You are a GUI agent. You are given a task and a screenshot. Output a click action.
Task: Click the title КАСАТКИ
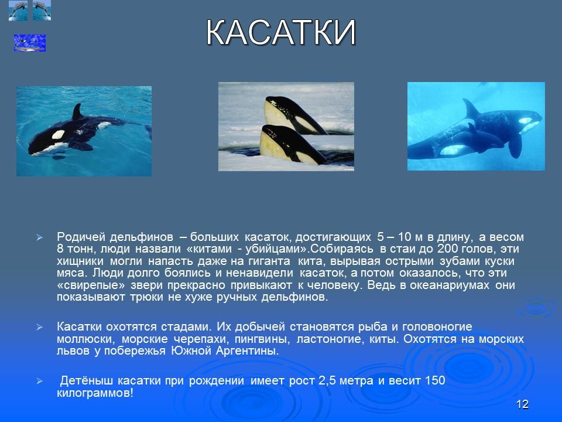[281, 33]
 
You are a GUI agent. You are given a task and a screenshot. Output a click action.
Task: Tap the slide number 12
[523, 404]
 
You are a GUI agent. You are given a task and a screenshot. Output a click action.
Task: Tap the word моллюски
[86, 339]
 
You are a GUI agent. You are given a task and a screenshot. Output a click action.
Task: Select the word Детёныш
[85, 381]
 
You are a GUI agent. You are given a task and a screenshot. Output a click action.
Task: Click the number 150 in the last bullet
[435, 381]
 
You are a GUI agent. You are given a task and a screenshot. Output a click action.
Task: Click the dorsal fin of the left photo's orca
[77, 111]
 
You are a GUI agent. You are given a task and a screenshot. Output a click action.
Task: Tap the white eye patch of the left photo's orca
[58, 134]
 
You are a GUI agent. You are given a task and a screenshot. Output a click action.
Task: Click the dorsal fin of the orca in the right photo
[470, 109]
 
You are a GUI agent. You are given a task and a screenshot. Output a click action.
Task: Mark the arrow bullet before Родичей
[39, 238]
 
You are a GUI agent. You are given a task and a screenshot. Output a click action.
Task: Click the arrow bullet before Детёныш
[39, 382]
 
